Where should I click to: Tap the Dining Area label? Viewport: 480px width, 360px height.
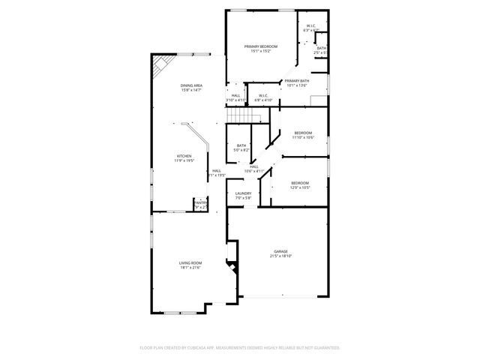191,85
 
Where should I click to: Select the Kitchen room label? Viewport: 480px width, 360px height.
184,156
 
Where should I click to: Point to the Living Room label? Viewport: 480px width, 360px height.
190,262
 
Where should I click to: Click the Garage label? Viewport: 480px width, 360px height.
280,251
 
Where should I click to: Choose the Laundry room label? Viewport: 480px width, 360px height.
242,193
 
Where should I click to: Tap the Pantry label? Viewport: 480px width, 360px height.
200,202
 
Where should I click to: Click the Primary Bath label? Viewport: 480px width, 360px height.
297,81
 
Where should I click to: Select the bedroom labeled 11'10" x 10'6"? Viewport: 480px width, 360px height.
302,133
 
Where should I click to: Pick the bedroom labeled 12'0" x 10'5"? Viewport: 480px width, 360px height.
299,183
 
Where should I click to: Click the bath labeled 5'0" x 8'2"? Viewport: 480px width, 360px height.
241,145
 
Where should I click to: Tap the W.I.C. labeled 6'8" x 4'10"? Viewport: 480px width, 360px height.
263,95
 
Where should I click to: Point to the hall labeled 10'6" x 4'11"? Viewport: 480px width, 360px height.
253,166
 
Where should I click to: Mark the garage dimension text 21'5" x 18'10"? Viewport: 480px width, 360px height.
280,256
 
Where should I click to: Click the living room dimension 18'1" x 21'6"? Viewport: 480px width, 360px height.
190,268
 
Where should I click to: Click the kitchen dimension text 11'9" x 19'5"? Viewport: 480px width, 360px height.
184,161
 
